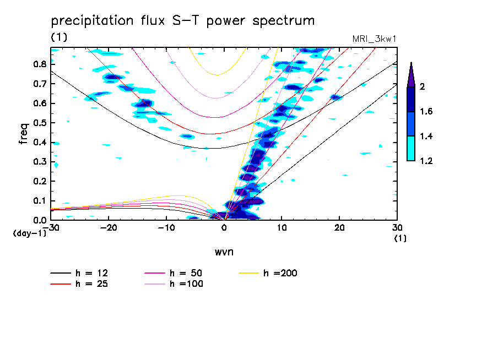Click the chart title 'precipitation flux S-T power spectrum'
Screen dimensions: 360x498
(183, 21)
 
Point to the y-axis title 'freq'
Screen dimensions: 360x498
(24, 133)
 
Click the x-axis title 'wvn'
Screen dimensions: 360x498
(224, 252)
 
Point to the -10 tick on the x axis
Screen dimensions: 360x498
(166, 228)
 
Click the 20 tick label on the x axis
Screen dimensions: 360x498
(339, 228)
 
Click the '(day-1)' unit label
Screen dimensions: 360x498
(30, 233)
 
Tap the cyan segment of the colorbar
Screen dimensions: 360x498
(410, 149)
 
